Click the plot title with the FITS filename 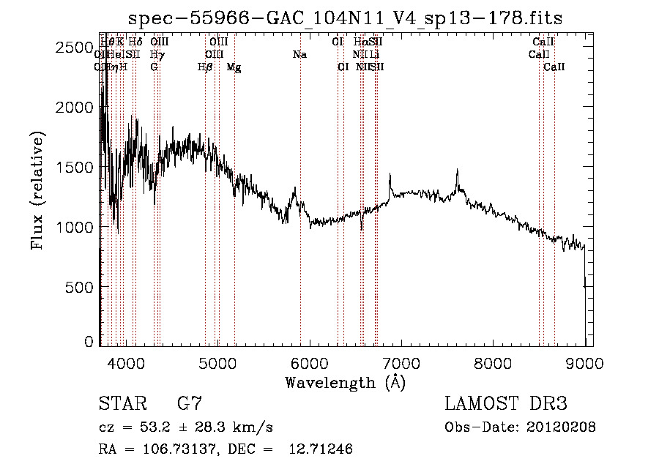pyautogui.click(x=346, y=18)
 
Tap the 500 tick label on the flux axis pyautogui.click(x=79, y=288)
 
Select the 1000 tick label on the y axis pyautogui.click(x=73, y=228)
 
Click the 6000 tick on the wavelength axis pyautogui.click(x=310, y=362)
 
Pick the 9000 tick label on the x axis pyautogui.click(x=584, y=362)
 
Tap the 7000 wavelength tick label pyautogui.click(x=401, y=362)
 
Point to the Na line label pyautogui.click(x=299, y=55)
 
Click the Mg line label pyautogui.click(x=234, y=67)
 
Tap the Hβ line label pyautogui.click(x=205, y=67)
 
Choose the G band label pyautogui.click(x=154, y=67)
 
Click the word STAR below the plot pyautogui.click(x=121, y=404)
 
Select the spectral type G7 pyautogui.click(x=190, y=404)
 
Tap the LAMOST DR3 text pyautogui.click(x=505, y=404)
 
